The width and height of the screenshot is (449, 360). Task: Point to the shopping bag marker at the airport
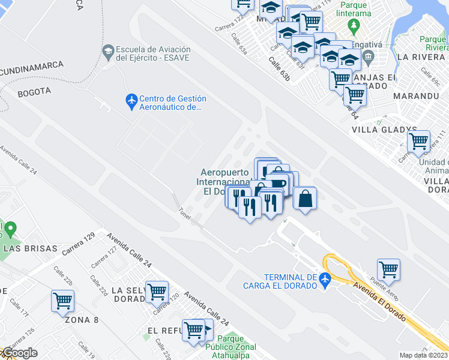(x=305, y=198)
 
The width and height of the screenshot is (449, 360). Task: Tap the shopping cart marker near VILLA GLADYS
(x=418, y=142)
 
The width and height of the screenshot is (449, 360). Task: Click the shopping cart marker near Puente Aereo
(x=388, y=269)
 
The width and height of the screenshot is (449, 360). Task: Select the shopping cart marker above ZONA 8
(x=62, y=301)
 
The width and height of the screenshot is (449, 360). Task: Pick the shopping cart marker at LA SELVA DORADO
(x=157, y=291)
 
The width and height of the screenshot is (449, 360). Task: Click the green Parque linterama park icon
(x=354, y=25)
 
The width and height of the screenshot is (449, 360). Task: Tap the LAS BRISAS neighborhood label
(x=30, y=248)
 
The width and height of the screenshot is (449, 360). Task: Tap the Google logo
(x=19, y=353)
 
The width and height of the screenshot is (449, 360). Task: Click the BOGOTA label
(x=34, y=92)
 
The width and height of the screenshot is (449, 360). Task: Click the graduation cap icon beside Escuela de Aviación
(x=108, y=50)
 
